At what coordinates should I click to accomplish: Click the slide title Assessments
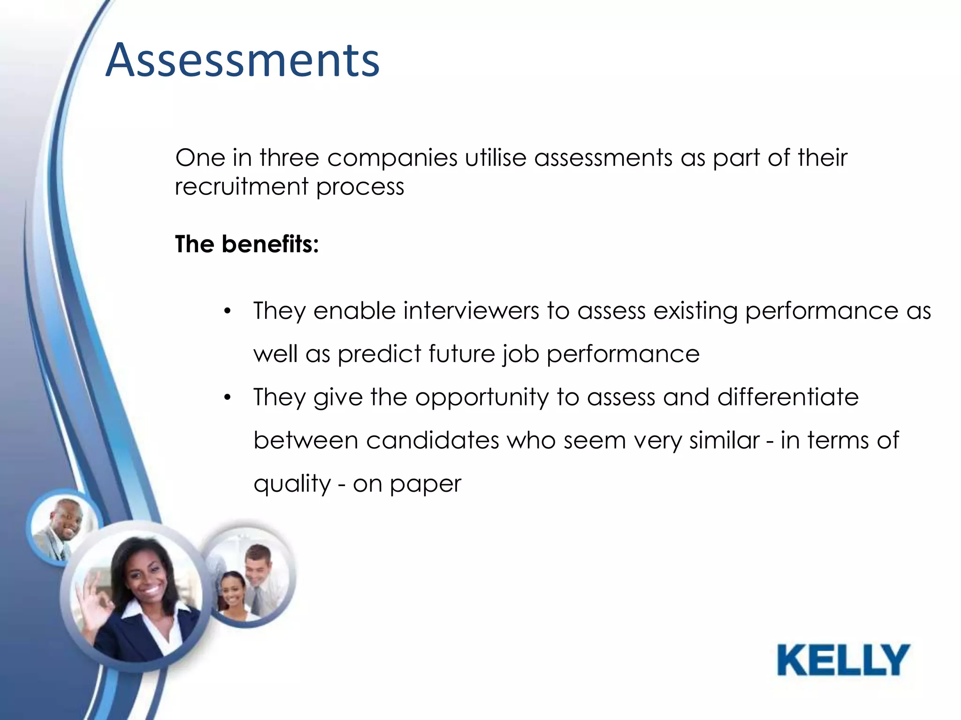(x=243, y=61)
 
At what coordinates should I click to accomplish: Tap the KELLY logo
(x=843, y=660)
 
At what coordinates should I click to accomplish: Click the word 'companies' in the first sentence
(x=392, y=157)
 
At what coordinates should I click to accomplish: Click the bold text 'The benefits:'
(x=247, y=244)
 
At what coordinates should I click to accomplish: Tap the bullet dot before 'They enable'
(x=228, y=311)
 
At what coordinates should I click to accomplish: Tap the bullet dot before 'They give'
(x=228, y=398)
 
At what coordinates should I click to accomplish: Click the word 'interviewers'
(x=471, y=311)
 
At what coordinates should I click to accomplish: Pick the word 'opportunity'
(x=482, y=398)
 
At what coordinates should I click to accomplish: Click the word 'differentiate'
(x=788, y=397)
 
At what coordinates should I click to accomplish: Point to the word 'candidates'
(x=432, y=441)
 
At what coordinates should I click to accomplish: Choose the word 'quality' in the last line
(x=292, y=484)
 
